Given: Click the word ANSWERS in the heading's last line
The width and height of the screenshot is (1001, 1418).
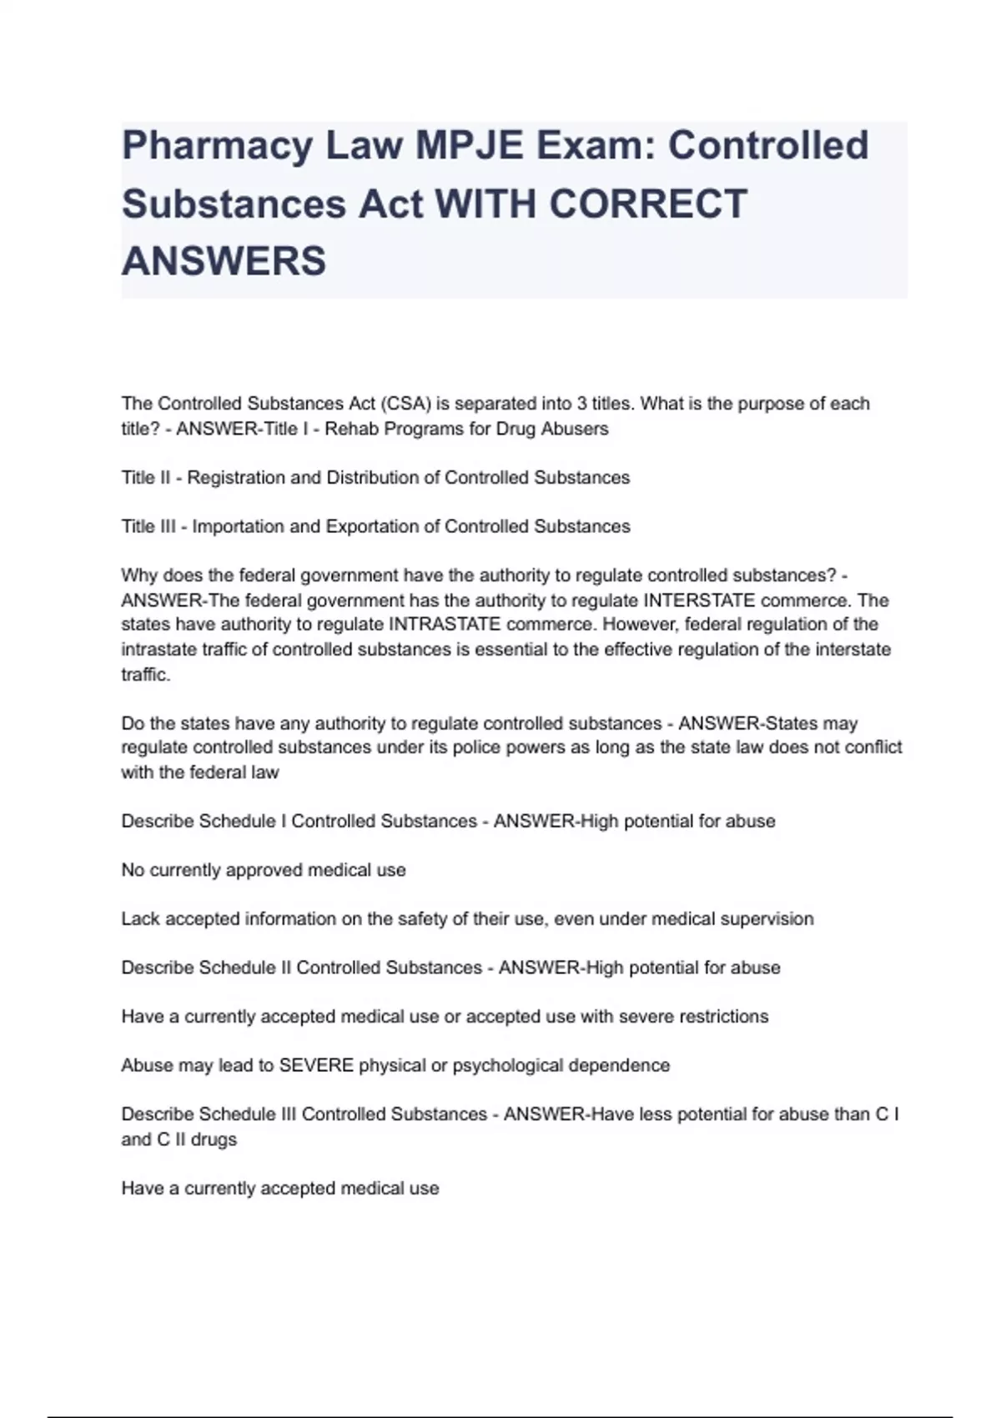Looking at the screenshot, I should click(x=224, y=261).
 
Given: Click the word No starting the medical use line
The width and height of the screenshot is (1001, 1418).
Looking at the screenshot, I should click(x=133, y=870).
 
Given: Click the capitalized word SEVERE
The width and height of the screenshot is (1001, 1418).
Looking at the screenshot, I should click(x=316, y=1065).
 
